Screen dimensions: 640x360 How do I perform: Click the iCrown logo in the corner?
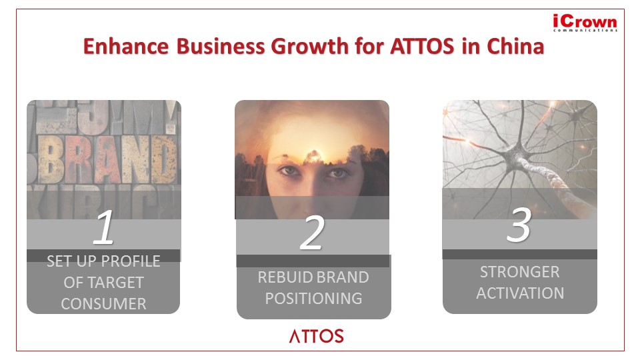pyautogui.click(x=585, y=23)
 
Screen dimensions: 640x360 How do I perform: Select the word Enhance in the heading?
pyautogui.click(x=126, y=46)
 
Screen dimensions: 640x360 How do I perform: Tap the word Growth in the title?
pyautogui.click(x=310, y=46)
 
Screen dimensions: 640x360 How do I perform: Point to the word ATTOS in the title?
pyautogui.click(x=422, y=46)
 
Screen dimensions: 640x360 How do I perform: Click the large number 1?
pyautogui.click(x=103, y=227)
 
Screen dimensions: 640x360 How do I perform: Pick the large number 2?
pyautogui.click(x=312, y=233)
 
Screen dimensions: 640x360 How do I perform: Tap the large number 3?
pyautogui.click(x=519, y=225)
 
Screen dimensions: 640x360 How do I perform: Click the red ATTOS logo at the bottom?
pyautogui.click(x=316, y=336)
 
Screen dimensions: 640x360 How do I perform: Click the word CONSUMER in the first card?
pyautogui.click(x=104, y=304)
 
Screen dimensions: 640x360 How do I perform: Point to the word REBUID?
pyautogui.click(x=285, y=277)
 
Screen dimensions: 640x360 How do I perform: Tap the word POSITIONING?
pyautogui.click(x=313, y=299)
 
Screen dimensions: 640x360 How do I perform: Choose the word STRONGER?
pyautogui.click(x=519, y=272)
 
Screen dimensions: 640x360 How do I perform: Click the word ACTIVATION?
pyautogui.click(x=520, y=293)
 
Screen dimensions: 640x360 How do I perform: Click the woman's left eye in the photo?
pyautogui.click(x=337, y=173)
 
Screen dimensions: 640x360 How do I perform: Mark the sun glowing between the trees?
pyautogui.click(x=313, y=156)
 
